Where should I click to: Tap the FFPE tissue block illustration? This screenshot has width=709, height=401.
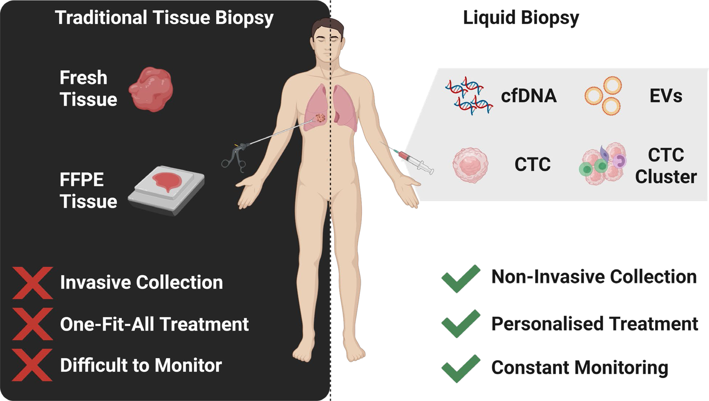[x=166, y=190]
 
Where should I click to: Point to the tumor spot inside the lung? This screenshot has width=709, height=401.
[x=320, y=118]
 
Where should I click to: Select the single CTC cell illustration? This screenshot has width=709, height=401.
[x=470, y=165]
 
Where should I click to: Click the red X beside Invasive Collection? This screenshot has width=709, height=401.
[x=32, y=283]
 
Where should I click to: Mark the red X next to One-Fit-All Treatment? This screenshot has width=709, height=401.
[x=32, y=324]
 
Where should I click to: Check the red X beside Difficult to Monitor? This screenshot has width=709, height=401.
[x=32, y=365]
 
